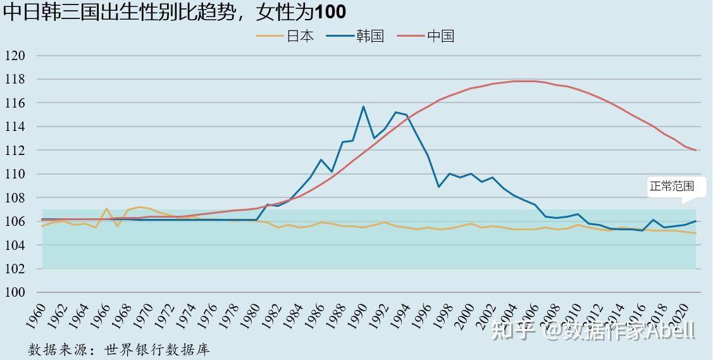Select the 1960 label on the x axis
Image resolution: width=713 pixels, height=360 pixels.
coord(37,314)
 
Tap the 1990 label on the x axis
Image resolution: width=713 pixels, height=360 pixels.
coord(358,314)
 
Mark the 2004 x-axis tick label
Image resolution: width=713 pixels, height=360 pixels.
coord(509,314)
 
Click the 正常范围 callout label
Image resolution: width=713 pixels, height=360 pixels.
coord(671,186)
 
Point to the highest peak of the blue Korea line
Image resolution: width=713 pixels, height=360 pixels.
coord(364,106)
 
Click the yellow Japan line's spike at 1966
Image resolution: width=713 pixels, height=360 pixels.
coord(107,208)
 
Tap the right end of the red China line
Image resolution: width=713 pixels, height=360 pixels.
coord(696,151)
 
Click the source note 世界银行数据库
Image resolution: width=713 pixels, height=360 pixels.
coord(158,349)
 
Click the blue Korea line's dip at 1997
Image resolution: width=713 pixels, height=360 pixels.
coord(439,187)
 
